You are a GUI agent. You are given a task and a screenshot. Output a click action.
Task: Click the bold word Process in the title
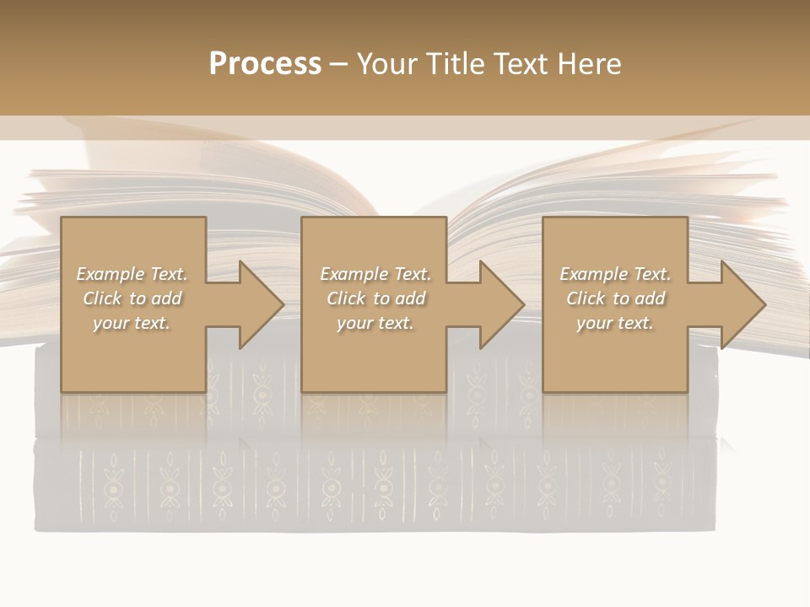265,64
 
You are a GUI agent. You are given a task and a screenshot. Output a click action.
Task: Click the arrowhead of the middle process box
500,304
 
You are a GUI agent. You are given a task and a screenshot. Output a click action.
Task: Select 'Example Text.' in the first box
132,274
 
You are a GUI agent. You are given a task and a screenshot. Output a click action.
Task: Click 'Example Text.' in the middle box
375,274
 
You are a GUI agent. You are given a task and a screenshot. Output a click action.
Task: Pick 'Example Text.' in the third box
615,274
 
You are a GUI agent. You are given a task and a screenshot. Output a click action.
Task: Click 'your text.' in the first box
132,323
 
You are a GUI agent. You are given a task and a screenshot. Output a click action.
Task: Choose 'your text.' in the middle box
375,323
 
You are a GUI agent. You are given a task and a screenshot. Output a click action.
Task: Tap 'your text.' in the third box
615,323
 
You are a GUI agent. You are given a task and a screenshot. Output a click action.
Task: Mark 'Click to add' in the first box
132,298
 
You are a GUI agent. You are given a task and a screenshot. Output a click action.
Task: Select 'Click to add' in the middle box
375,298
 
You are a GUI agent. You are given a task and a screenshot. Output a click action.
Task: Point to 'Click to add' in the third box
615,298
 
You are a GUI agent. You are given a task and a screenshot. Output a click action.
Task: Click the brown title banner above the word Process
265,21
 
